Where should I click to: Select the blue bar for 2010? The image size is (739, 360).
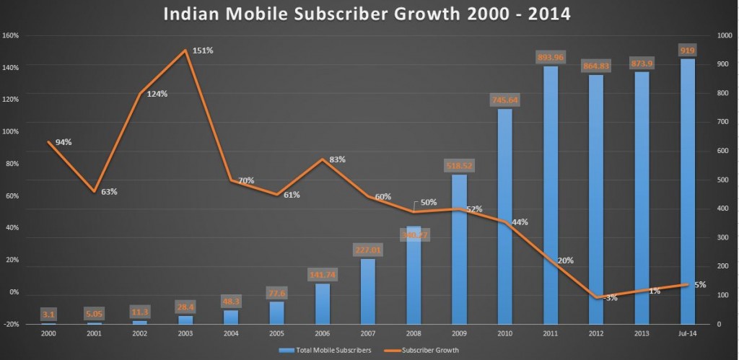point(505,216)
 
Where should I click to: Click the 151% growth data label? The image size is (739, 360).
point(203,51)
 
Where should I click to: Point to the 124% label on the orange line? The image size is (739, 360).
point(157,94)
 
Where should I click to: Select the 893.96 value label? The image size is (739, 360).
point(550,56)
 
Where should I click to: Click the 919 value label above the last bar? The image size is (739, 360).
point(687,50)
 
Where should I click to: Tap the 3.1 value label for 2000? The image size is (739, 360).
point(48,314)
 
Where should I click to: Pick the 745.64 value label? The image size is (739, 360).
point(504,100)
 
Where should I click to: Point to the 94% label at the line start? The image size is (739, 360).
point(64,142)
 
